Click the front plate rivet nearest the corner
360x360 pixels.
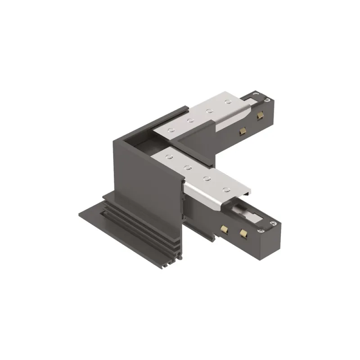(x=169, y=157)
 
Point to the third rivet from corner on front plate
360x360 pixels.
(x=207, y=179)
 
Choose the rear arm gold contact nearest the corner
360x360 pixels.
(x=242, y=130)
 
